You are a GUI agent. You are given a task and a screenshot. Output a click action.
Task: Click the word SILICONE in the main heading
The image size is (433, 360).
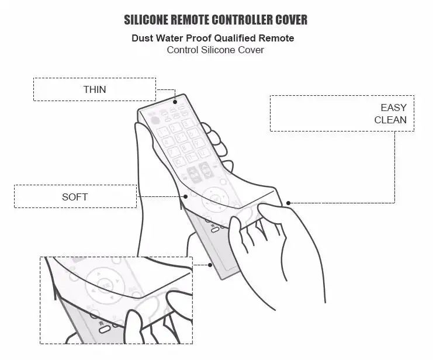pyautogui.click(x=148, y=20)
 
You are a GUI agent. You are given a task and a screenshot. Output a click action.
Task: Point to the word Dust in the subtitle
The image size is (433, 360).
pyautogui.click(x=143, y=39)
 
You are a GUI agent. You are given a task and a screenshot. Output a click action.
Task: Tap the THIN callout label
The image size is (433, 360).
pyautogui.click(x=95, y=89)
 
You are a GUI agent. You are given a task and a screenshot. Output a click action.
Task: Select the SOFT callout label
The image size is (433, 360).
pyautogui.click(x=75, y=196)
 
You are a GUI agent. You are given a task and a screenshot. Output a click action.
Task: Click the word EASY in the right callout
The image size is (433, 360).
pyautogui.click(x=393, y=108)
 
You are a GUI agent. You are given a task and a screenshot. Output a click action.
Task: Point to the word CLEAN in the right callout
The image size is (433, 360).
pyautogui.click(x=390, y=120)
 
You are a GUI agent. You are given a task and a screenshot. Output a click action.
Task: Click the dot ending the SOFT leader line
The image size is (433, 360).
pyautogui.click(x=186, y=196)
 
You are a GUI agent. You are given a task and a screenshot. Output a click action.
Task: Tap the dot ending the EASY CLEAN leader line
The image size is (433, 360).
pyautogui.click(x=288, y=203)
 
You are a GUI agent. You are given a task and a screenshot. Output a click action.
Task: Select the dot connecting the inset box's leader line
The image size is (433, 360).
pyautogui.click(x=210, y=265)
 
